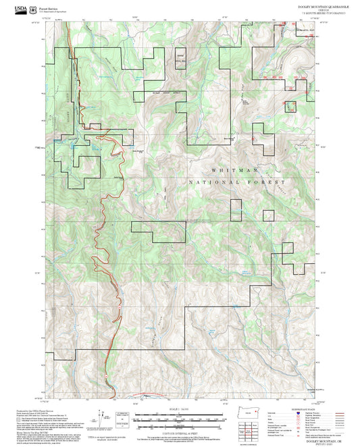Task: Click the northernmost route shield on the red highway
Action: pos(80,88)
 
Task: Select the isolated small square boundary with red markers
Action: pos(290,106)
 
